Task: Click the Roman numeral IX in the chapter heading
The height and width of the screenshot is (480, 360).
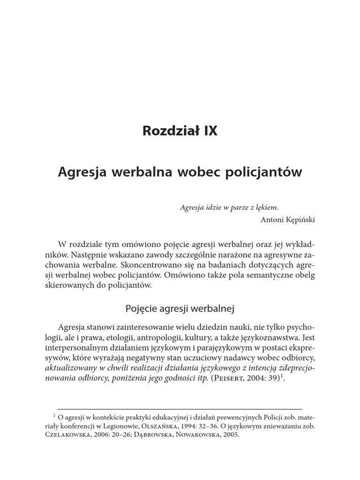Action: coord(210,131)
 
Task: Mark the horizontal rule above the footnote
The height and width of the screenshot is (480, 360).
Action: coord(180,409)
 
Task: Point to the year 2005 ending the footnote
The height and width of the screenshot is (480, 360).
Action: coord(230,435)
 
